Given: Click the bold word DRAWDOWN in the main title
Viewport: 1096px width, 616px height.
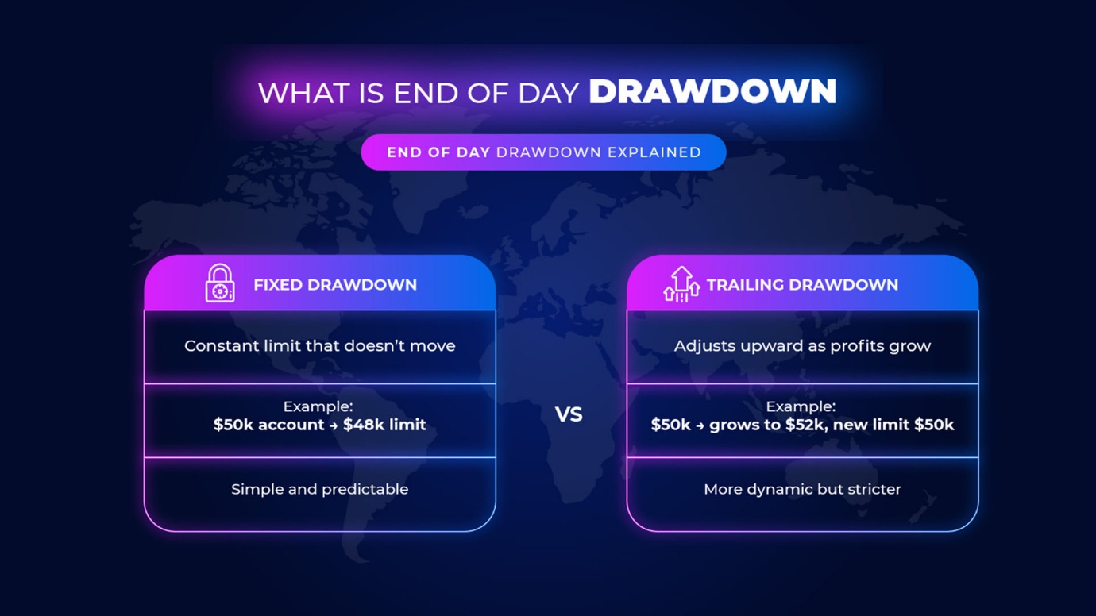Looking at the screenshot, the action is pyautogui.click(x=712, y=91).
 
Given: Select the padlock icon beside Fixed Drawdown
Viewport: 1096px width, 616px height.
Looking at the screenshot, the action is pyautogui.click(x=220, y=283).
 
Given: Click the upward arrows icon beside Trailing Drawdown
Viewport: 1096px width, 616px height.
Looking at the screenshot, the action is pyautogui.click(x=681, y=284).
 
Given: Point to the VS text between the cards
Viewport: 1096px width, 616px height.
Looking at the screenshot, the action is pyautogui.click(x=569, y=414).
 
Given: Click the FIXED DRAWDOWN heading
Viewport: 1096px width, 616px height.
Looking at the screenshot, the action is pyautogui.click(x=335, y=284).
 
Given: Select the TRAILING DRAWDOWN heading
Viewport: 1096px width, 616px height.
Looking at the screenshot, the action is pyautogui.click(x=802, y=284).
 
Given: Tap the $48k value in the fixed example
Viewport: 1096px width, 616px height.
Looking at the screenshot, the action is pyautogui.click(x=364, y=425).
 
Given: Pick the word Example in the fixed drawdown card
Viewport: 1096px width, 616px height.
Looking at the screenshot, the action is pyautogui.click(x=318, y=406).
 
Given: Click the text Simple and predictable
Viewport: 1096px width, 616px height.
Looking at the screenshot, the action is pyautogui.click(x=319, y=489).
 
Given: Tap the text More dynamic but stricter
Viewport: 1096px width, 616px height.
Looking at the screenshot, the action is pyautogui.click(x=802, y=489).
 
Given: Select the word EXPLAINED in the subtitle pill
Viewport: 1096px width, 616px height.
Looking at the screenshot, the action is pyautogui.click(x=654, y=152).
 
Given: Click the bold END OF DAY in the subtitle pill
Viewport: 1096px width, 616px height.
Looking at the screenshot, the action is pyautogui.click(x=438, y=152).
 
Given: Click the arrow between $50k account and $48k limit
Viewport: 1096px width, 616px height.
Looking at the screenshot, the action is pyautogui.click(x=334, y=425).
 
